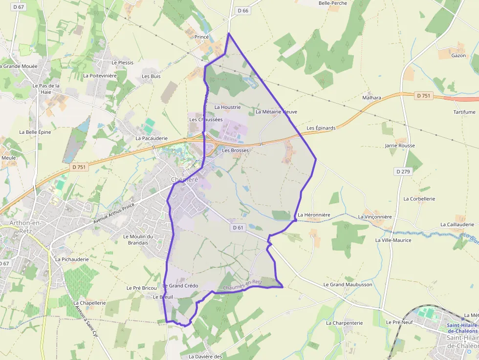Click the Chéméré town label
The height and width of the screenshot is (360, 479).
click(184, 179)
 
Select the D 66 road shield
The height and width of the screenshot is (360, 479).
click(243, 10)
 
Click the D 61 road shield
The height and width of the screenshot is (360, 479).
click(238, 228)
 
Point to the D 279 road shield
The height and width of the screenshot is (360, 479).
click(403, 171)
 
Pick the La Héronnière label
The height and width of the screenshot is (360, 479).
click(314, 215)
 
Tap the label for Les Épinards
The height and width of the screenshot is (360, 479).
click(321, 128)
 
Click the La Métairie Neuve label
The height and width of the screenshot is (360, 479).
click(276, 112)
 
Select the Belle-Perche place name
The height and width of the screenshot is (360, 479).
click(332, 3)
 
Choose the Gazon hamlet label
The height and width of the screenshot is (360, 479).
click(458, 55)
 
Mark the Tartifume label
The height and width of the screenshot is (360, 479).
click(464, 112)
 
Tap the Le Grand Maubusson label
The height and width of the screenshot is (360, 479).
click(348, 284)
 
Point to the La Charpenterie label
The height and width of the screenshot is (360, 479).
click(344, 323)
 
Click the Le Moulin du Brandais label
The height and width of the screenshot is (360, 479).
click(138, 239)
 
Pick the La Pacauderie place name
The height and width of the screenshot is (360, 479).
click(152, 138)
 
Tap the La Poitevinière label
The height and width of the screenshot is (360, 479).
click(100, 76)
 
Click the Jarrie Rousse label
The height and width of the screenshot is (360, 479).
click(400, 146)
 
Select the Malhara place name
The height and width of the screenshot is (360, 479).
click(371, 98)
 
